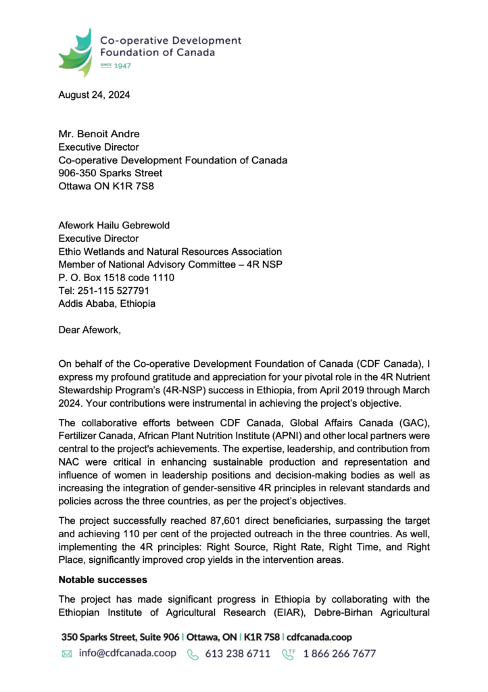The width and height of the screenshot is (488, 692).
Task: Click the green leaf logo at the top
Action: pos(75,53)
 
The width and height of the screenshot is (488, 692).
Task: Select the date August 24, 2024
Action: pos(94,95)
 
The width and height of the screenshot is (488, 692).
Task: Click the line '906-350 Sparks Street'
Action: pos(110,173)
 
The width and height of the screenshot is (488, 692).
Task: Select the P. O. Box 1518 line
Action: pos(116,278)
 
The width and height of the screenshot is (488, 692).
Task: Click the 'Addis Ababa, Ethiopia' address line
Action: pos(107,303)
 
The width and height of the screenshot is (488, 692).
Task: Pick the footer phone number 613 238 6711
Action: pos(237,653)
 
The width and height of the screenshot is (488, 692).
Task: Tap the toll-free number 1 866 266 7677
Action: pos(339,653)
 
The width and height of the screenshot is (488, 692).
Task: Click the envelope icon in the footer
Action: pos(67,654)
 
